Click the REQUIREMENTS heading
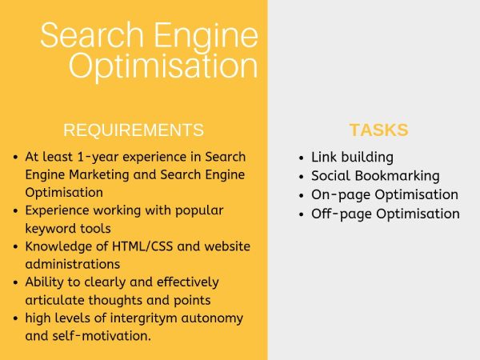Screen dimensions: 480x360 coord(134,130)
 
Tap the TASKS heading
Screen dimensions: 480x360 coord(378,130)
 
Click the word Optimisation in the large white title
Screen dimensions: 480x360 coord(163,66)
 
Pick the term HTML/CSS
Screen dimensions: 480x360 coord(142,246)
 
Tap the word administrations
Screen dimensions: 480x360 coord(73,264)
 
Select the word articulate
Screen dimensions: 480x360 coord(54,300)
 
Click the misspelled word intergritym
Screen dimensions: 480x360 coord(143,318)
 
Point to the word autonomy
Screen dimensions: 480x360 coord(212,318)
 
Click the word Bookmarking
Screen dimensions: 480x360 coord(397,176)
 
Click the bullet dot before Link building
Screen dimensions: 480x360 coord(302,158)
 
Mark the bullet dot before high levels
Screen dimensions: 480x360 coord(16,318)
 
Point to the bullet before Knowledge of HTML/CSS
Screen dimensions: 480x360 coord(16,246)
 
